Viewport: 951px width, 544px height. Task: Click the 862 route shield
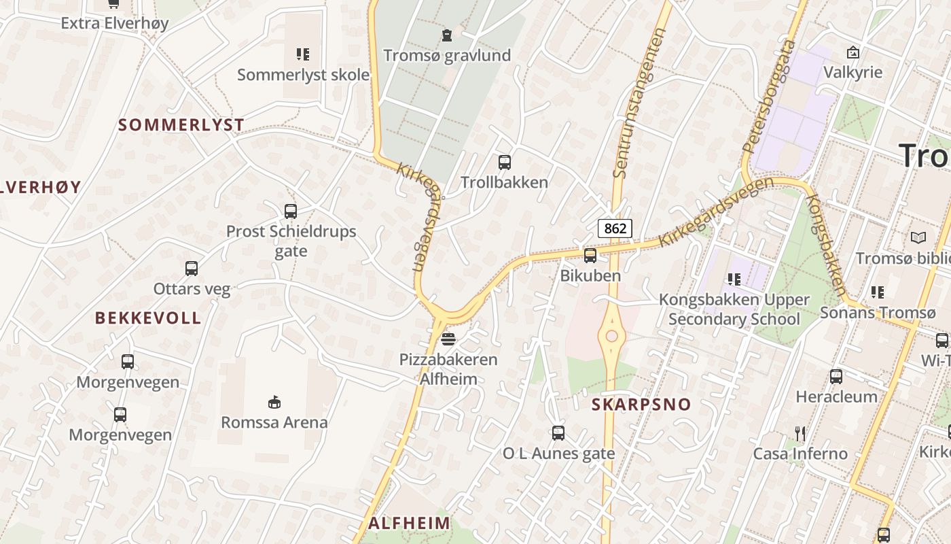(615, 228)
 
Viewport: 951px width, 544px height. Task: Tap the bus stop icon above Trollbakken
(505, 163)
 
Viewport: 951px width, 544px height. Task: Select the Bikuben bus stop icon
(590, 256)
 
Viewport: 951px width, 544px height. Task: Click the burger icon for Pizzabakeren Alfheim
(448, 339)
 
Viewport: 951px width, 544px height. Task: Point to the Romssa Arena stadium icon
(274, 403)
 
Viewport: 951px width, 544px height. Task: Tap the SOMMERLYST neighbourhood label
(181, 125)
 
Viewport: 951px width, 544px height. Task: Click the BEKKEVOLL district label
(148, 318)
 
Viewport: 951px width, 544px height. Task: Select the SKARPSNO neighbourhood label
(641, 405)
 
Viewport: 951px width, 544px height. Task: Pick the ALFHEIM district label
(410, 523)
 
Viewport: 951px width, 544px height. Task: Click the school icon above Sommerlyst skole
(303, 54)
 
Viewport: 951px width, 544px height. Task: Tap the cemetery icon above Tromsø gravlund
(447, 35)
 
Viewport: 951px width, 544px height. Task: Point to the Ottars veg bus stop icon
(192, 269)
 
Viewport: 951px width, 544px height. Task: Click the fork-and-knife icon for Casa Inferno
(800, 433)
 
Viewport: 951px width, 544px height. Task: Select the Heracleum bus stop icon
(836, 376)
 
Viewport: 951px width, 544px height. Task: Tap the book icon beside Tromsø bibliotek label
(918, 238)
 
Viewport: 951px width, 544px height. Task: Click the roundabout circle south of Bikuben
(611, 336)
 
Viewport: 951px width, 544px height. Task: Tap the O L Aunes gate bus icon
(558, 432)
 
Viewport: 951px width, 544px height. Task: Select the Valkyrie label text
(853, 72)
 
